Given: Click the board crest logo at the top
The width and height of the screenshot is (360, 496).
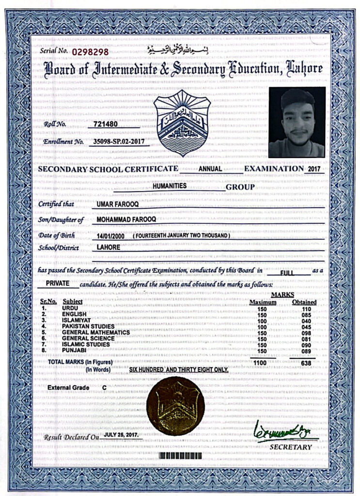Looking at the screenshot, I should (182, 122).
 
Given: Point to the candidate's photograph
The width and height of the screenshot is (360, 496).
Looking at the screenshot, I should (297, 122).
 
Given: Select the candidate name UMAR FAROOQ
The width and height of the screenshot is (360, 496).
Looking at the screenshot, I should (118, 204).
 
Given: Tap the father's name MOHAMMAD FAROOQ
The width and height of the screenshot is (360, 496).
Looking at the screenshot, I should (127, 220).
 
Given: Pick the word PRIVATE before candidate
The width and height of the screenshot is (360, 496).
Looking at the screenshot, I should (60, 283).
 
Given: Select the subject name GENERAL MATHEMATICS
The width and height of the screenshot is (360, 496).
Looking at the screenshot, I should (96, 332).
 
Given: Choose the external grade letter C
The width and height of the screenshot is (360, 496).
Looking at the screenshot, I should (104, 388).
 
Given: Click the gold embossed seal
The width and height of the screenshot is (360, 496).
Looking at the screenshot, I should (175, 406).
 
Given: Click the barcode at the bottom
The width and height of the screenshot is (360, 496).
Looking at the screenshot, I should (179, 456).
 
